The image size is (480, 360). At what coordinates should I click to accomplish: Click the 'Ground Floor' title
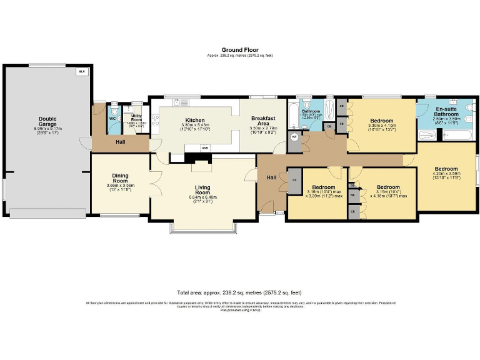[239, 50]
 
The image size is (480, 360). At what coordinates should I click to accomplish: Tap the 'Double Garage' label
[47, 121]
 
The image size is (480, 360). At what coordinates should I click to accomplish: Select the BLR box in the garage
[81, 72]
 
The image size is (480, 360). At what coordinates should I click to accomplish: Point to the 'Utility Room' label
[136, 117]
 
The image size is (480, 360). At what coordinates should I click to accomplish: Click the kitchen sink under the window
[182, 102]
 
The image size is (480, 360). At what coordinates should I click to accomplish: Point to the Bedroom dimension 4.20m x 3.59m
[446, 177]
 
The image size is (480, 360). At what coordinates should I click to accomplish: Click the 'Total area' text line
[239, 292]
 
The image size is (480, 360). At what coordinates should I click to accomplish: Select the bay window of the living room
[203, 229]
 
